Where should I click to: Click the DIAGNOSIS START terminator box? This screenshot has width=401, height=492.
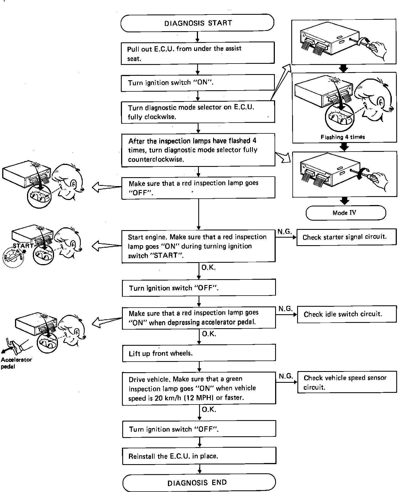point(197,23)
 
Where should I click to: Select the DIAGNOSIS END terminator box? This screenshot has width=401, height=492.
point(199,483)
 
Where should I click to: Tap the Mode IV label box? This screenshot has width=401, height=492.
point(346,213)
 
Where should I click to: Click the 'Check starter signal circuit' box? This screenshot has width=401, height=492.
point(346,237)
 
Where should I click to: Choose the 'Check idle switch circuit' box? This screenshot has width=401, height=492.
point(346,314)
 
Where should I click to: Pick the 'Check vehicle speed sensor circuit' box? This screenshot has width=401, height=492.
point(347,382)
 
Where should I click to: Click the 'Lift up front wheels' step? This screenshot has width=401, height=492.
point(199,353)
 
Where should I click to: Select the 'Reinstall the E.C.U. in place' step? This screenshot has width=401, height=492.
point(199,456)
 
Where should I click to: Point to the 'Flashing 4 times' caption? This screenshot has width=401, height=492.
point(343,137)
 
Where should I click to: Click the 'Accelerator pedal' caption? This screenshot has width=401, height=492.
point(16,363)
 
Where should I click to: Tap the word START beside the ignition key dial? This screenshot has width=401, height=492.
point(23,246)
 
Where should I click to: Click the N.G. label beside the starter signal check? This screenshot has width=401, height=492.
point(285,232)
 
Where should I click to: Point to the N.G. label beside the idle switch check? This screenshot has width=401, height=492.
point(285,309)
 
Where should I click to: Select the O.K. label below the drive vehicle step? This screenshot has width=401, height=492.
point(209,410)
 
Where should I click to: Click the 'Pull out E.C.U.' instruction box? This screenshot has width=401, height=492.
point(198,53)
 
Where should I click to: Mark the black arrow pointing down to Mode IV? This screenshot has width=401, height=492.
point(345,201)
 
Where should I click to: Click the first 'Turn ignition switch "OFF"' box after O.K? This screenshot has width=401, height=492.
point(199,288)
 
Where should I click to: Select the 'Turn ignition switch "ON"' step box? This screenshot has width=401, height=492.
point(198,83)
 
